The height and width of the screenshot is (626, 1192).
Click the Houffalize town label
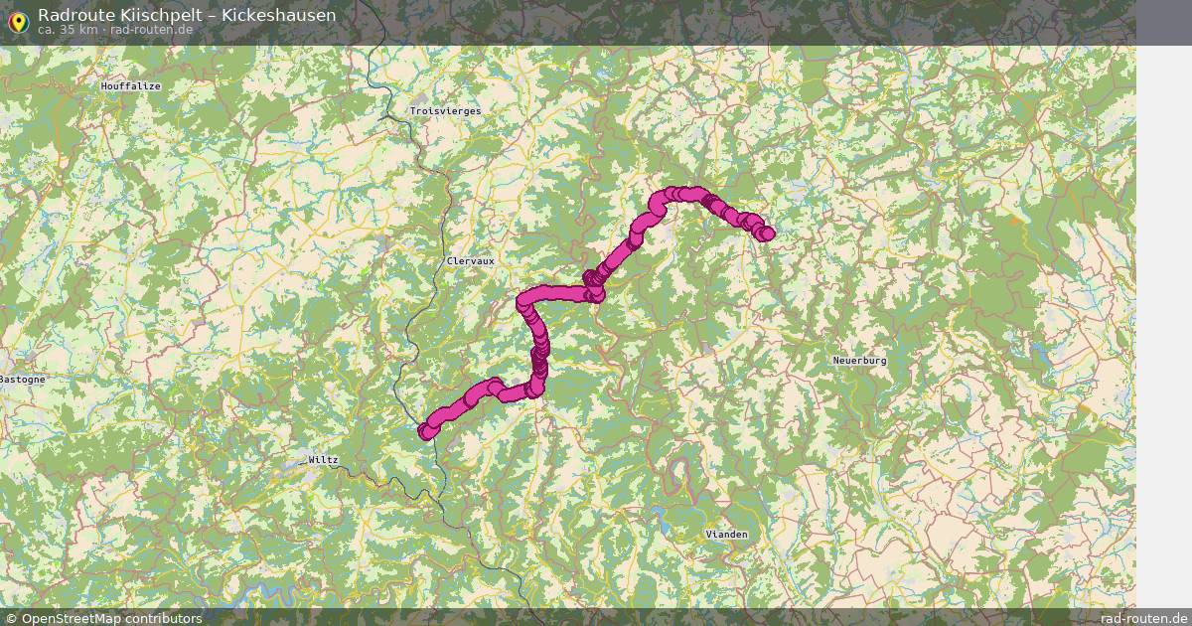tap(130, 86)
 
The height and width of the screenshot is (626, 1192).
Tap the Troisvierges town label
tap(445, 111)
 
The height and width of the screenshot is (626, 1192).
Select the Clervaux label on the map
tap(470, 260)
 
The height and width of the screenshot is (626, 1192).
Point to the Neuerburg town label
tap(859, 361)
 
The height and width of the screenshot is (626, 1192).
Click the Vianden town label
tap(726, 535)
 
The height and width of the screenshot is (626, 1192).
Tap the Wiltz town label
tap(323, 460)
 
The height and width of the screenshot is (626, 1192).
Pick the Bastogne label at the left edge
tap(22, 380)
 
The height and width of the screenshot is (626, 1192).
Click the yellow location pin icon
tap(18, 20)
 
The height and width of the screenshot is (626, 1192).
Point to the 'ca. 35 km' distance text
tap(68, 30)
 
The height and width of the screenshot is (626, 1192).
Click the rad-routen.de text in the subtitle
tap(152, 30)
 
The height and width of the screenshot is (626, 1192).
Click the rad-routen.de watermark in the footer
tap(1143, 618)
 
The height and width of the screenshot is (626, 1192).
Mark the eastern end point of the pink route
tap(767, 234)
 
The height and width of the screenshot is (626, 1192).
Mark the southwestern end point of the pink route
tap(425, 431)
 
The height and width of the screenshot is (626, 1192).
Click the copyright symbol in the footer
tap(12, 618)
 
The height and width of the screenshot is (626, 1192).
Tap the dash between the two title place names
tap(209, 15)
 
